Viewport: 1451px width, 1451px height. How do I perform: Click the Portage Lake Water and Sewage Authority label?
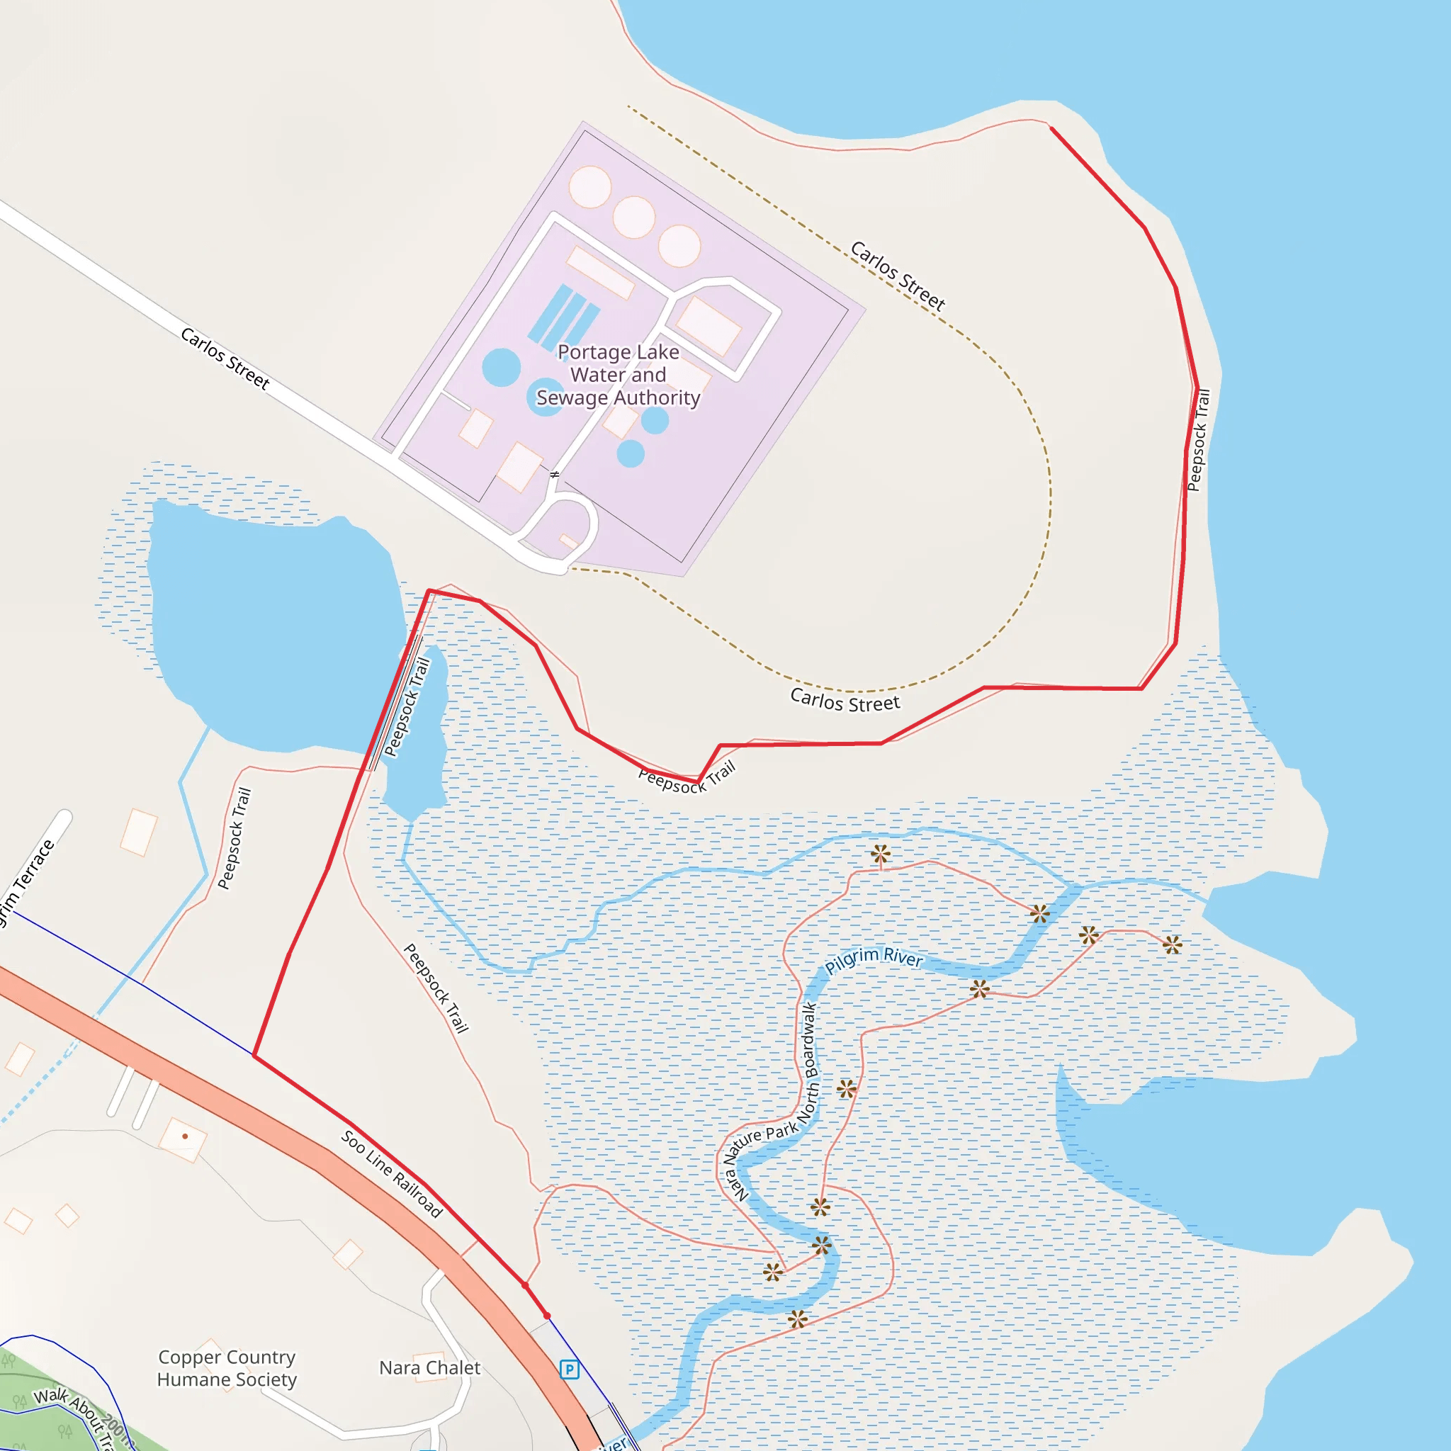click(x=617, y=374)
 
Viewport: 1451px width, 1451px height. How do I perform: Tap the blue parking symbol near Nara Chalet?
click(x=570, y=1369)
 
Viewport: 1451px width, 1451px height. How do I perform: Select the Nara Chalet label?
click(x=429, y=1367)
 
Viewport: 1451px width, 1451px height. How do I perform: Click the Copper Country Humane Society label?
click(x=227, y=1368)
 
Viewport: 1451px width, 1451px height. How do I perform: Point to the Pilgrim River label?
click(x=873, y=959)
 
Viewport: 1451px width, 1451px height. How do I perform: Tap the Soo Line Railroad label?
click(x=392, y=1173)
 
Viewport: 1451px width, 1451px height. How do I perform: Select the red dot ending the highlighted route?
click(x=547, y=1316)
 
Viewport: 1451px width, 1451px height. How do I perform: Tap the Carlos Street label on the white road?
click(x=225, y=358)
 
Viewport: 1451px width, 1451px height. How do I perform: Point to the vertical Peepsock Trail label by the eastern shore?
click(x=1199, y=440)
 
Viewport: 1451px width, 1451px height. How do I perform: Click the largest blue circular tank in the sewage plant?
click(x=501, y=367)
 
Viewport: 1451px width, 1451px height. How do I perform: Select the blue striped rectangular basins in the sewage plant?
click(x=563, y=316)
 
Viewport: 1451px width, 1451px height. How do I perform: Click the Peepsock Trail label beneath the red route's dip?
click(x=687, y=777)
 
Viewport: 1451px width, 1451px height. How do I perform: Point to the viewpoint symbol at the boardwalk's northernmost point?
click(x=880, y=854)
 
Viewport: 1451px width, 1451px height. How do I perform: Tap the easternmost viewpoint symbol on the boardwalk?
click(x=1173, y=945)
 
